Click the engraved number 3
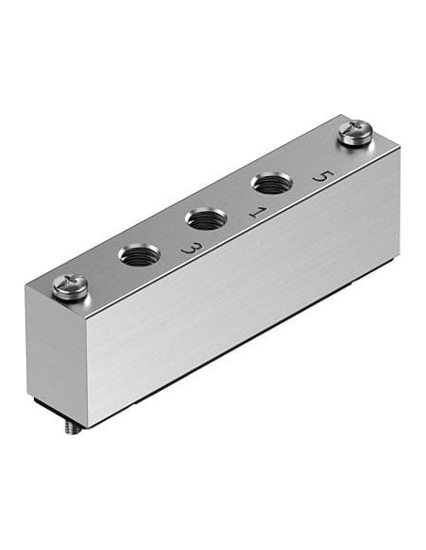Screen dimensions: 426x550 192,249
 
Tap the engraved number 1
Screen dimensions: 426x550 258,212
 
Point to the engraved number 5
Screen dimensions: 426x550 323,176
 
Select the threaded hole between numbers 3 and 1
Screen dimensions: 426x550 206,218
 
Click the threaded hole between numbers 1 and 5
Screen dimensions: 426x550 271,183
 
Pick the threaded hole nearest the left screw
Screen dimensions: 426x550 139,254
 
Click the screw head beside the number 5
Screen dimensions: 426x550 354,132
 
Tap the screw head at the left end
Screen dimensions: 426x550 70,287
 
